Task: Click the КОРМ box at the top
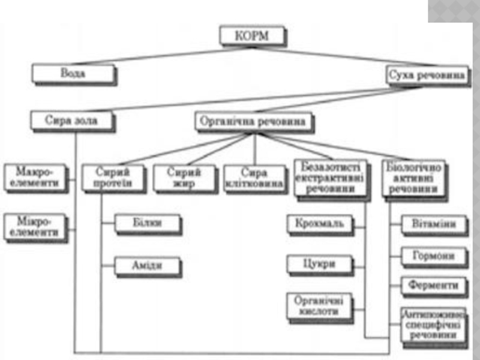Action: [252, 35]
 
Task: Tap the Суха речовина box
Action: [426, 76]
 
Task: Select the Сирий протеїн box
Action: [113, 178]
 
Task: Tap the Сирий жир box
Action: [184, 178]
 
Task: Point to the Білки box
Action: [148, 224]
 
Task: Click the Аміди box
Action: [148, 264]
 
